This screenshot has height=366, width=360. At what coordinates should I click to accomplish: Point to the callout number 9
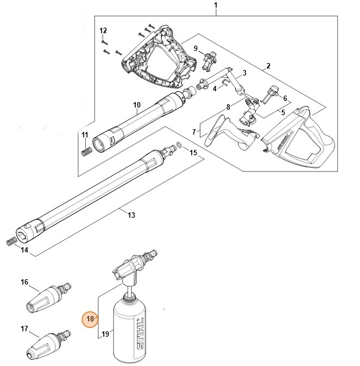196,48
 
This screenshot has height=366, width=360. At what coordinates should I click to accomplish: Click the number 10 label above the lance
137,104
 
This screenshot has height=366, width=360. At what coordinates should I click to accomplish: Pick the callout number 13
131,215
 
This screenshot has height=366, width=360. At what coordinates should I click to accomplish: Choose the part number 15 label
193,153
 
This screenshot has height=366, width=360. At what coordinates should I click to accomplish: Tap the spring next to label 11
84,151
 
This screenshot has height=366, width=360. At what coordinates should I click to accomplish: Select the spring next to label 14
11,242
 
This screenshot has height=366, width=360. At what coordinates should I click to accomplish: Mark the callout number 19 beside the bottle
106,334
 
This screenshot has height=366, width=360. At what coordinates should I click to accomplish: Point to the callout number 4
214,88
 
